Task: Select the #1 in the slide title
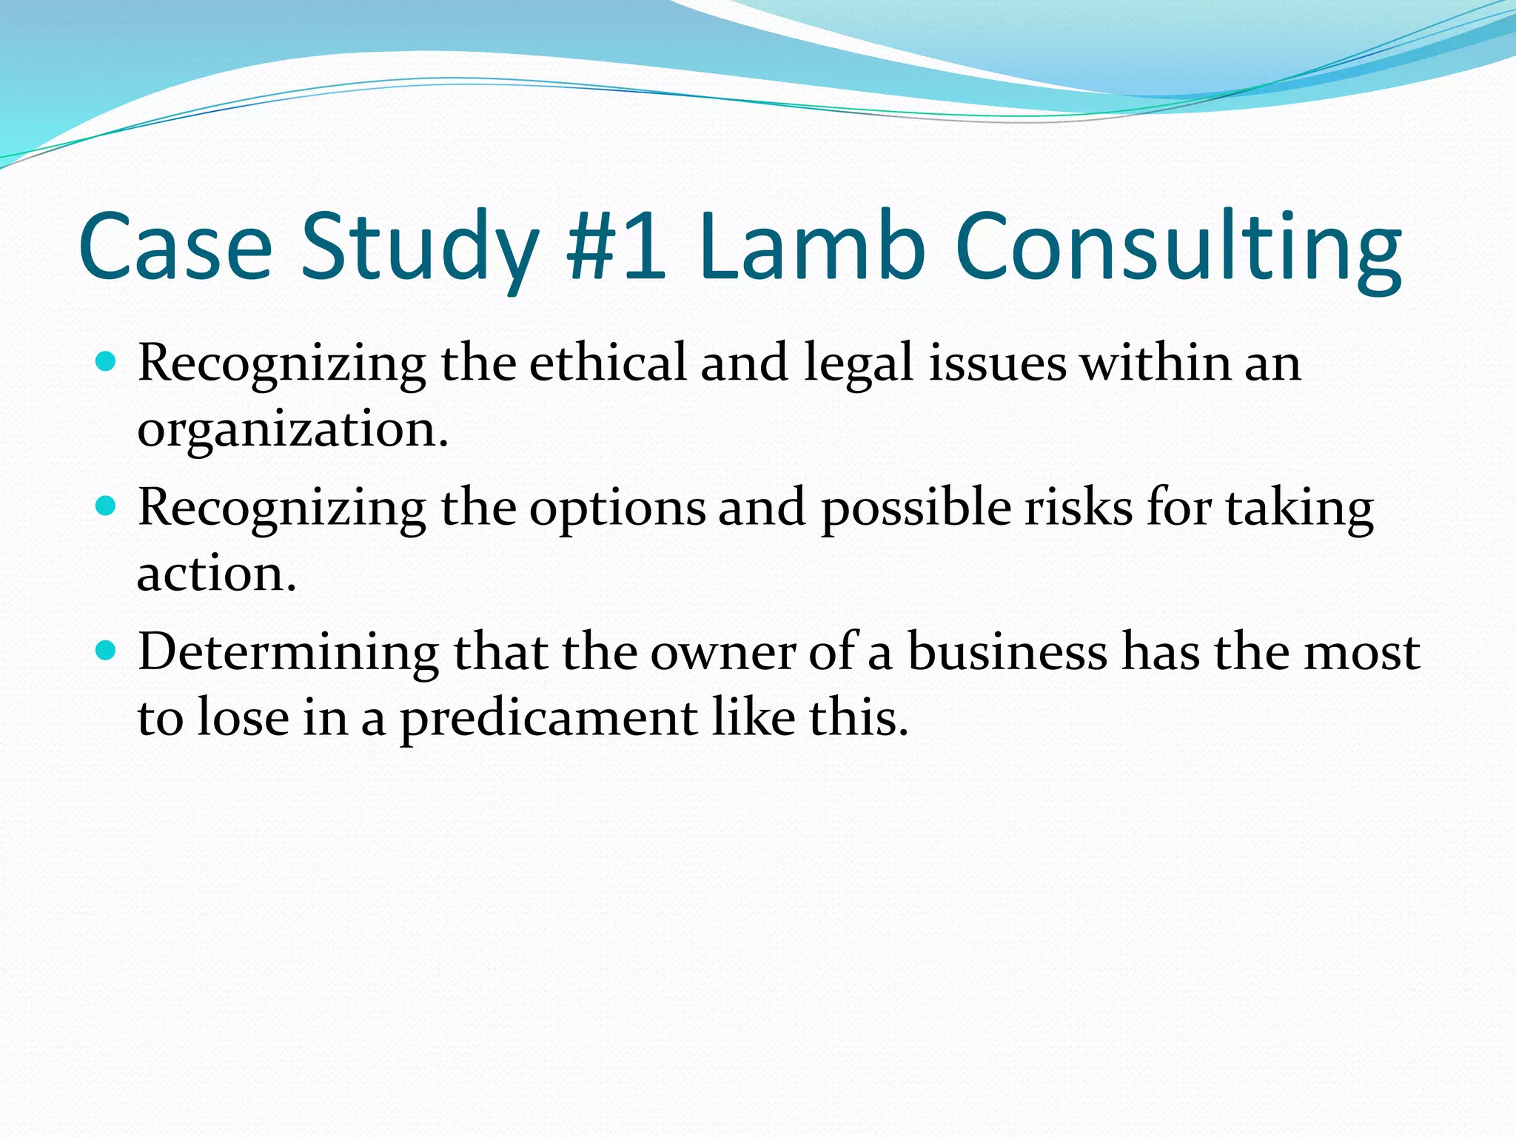pyautogui.click(x=616, y=246)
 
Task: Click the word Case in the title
pyautogui.click(x=175, y=246)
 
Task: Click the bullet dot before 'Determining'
pyautogui.click(x=107, y=651)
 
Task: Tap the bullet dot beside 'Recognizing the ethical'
pyautogui.click(x=107, y=362)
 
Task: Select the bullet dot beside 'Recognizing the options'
pyautogui.click(x=107, y=506)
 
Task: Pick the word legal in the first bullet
pyautogui.click(x=859, y=364)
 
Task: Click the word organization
pyautogui.click(x=292, y=429)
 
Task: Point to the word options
pyautogui.click(x=617, y=509)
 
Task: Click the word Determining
pyautogui.click(x=288, y=653)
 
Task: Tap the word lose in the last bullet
pyautogui.click(x=243, y=717)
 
